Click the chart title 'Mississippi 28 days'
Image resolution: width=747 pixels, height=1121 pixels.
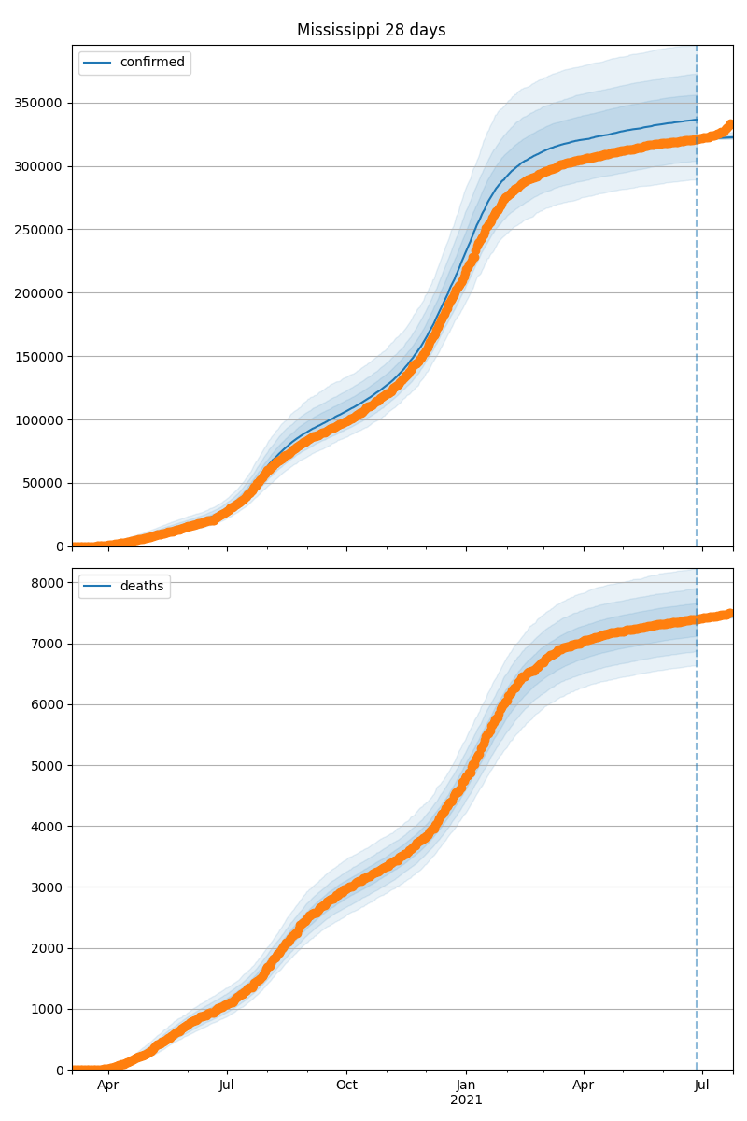coord(371,30)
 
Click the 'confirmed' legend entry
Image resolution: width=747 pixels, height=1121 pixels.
coord(152,63)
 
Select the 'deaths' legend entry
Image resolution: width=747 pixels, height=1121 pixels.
coord(142,586)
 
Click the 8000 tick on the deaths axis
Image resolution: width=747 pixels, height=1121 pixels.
coord(49,583)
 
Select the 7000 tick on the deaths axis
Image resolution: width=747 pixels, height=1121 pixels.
coord(49,644)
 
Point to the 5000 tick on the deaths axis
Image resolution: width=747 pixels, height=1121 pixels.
coord(49,766)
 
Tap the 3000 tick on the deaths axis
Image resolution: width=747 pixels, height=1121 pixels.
coord(49,887)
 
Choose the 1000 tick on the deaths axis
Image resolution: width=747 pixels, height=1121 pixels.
coord(49,1009)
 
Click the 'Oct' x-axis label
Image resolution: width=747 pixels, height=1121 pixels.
coord(346,1086)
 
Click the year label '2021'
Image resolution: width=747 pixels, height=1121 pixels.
coord(466,1100)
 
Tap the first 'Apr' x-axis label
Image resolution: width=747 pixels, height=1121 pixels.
coord(108,1086)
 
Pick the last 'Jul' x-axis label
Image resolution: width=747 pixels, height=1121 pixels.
coord(702,1086)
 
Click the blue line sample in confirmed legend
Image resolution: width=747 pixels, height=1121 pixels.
coord(97,63)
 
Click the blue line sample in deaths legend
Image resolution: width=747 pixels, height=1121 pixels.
coord(97,586)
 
